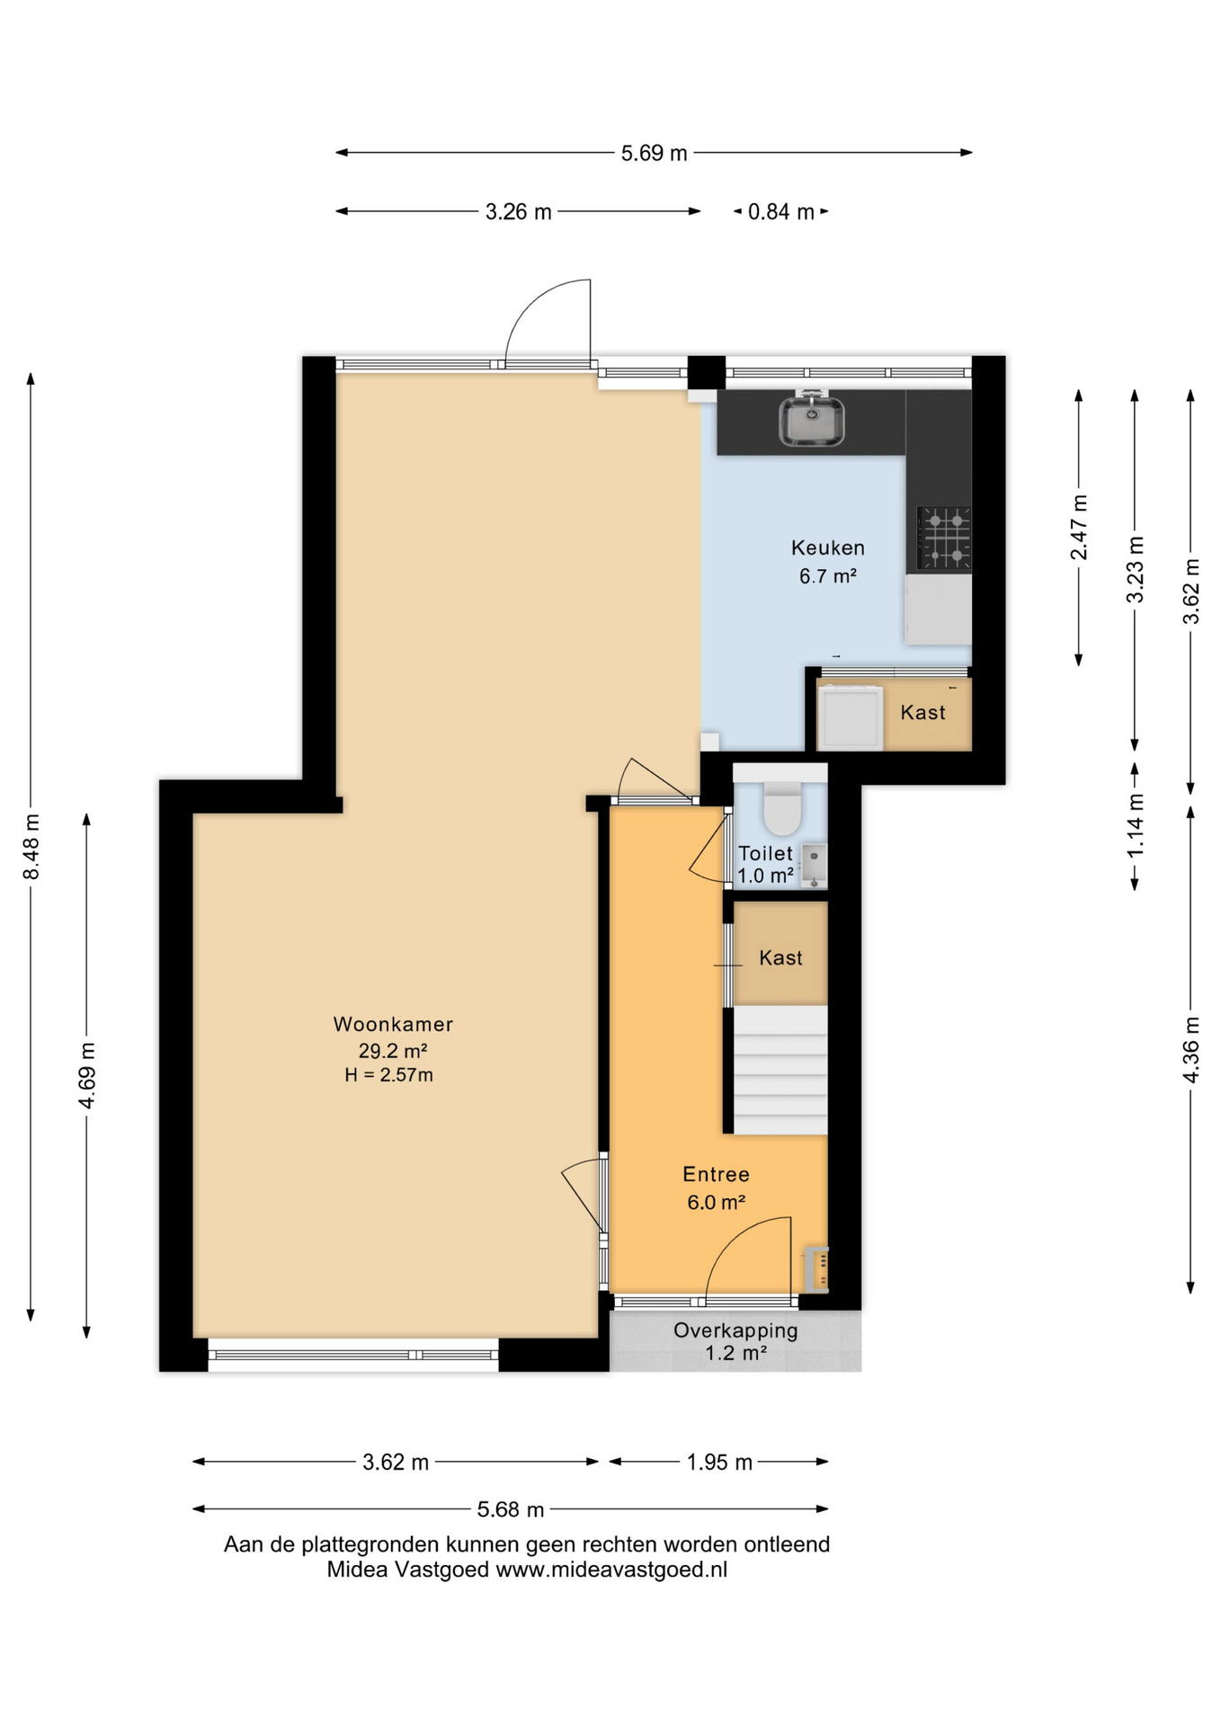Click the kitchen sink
point(812,420)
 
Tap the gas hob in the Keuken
point(943,538)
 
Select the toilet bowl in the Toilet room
point(781,809)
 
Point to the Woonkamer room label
point(393,1024)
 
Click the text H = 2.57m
point(388,1075)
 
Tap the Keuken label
point(828,547)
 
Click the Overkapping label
point(735,1330)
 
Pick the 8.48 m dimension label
point(31,847)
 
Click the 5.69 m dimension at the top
point(654,154)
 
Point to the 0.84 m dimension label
point(780,212)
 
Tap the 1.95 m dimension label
point(719,1463)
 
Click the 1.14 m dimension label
point(1136,825)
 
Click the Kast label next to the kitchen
point(922,713)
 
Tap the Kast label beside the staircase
point(780,958)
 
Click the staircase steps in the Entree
point(780,1070)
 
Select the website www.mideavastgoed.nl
point(611,1570)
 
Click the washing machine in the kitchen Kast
point(850,717)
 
